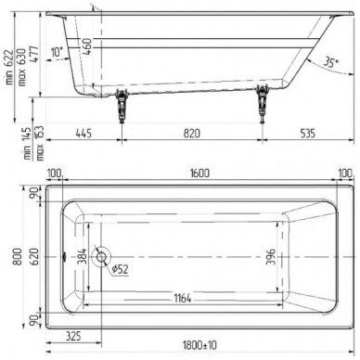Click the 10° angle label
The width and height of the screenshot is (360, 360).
(x=57, y=52)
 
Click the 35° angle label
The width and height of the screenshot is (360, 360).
(x=330, y=62)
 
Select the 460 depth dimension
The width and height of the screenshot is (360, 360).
(x=88, y=46)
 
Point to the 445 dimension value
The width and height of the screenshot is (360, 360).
(x=84, y=134)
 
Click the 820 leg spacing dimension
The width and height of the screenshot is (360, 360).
(x=192, y=134)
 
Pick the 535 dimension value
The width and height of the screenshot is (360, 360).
(x=307, y=134)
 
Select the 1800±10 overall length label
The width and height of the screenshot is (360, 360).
(x=199, y=345)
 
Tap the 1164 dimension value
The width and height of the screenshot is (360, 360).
(x=183, y=299)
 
